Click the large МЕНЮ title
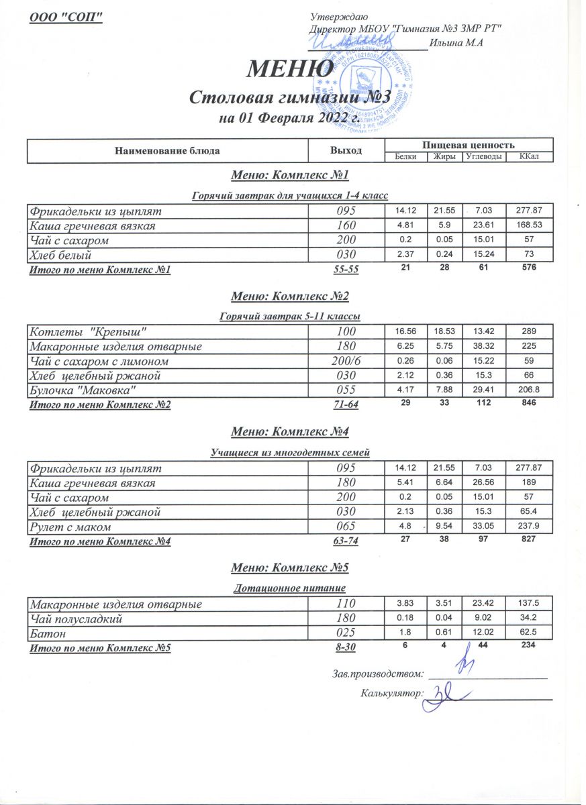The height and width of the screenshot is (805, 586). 291,69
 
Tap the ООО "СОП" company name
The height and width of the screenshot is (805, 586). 66,17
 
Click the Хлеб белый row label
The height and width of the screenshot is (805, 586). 60,255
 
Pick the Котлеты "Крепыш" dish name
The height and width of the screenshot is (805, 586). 87,332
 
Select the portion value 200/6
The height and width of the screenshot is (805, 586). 346,362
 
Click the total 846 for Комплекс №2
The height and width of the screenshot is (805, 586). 530,404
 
